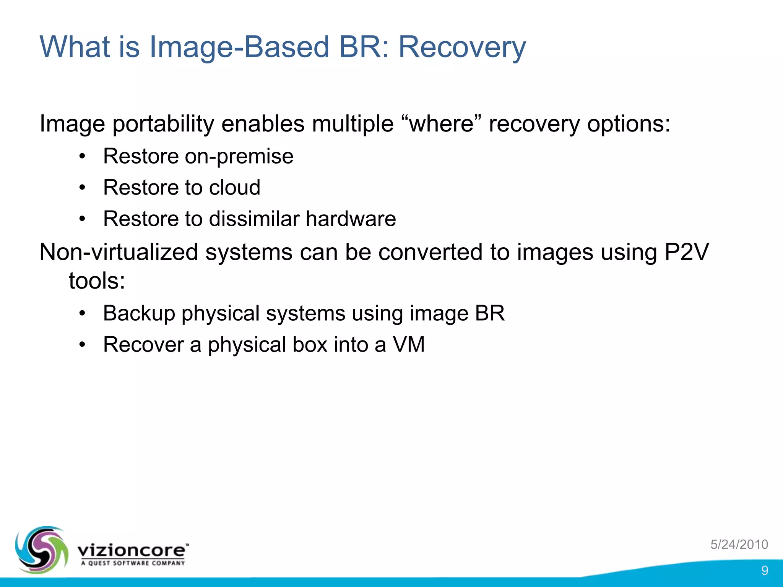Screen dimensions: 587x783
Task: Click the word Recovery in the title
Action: tap(462, 47)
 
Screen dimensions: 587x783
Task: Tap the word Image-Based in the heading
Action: tap(239, 47)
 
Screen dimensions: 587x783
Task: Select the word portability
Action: tap(163, 125)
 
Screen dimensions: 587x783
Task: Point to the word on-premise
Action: tap(239, 157)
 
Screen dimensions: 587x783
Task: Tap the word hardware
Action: tap(351, 219)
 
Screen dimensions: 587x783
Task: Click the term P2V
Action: tap(686, 252)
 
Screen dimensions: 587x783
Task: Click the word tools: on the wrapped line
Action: tap(97, 281)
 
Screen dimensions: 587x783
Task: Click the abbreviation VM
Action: tap(409, 345)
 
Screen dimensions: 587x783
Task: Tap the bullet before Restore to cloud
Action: tap(82, 188)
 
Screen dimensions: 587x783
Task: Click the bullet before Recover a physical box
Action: tap(82, 345)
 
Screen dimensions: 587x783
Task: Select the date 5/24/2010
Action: tap(739, 544)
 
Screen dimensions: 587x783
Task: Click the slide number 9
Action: tap(764, 570)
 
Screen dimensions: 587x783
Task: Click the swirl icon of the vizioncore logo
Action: tap(41, 550)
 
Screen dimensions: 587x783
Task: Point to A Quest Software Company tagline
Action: tap(133, 563)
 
